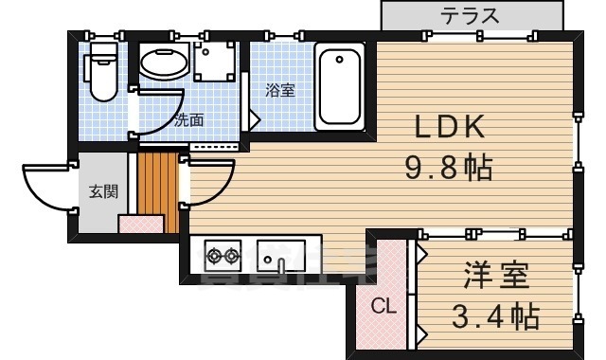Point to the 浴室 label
(x=279, y=91)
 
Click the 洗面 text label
(x=189, y=120)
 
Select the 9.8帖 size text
(x=448, y=170)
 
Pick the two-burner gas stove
(x=223, y=254)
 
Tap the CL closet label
(x=381, y=306)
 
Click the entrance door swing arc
(x=45, y=185)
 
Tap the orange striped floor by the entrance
(x=156, y=189)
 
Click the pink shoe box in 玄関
(x=141, y=224)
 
